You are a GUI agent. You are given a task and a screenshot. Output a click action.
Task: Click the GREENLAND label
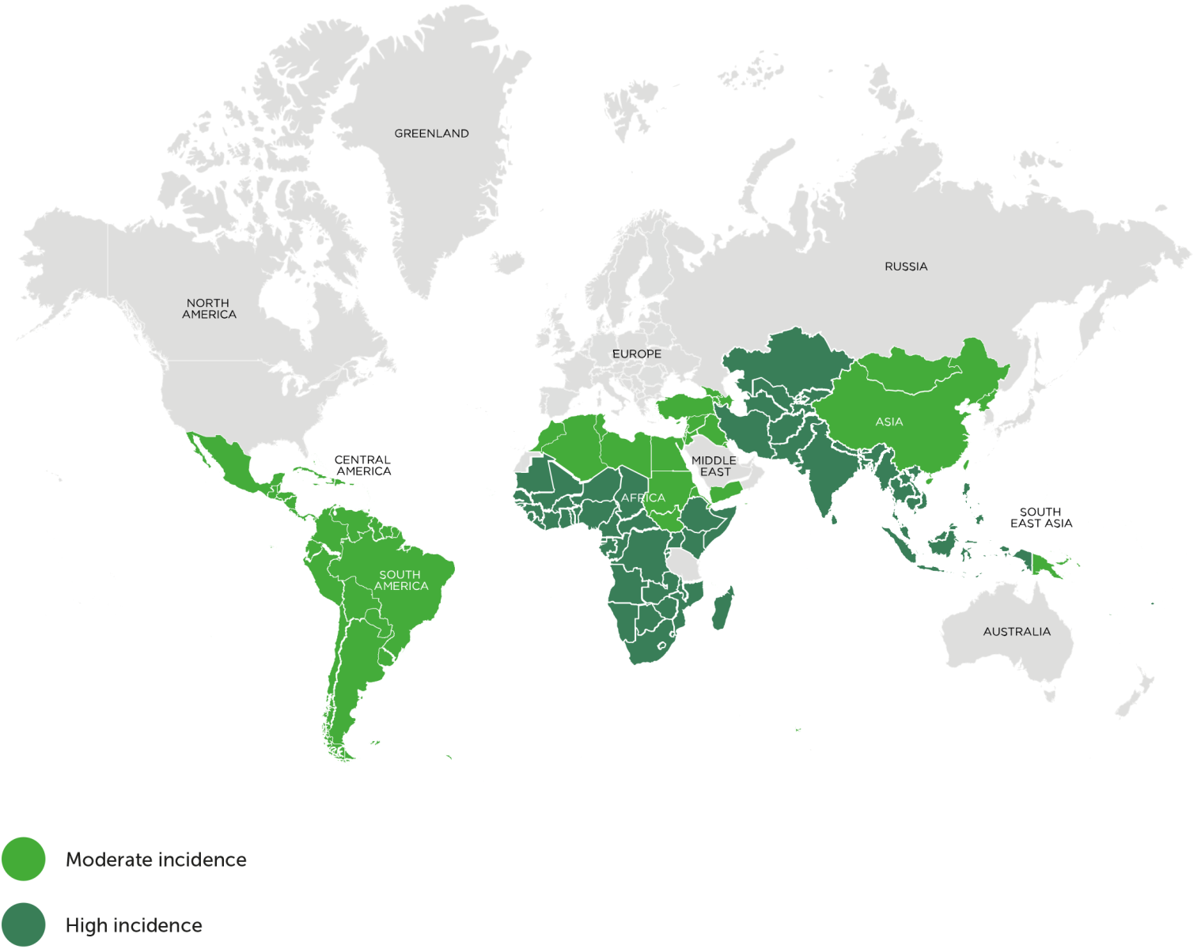coord(431,134)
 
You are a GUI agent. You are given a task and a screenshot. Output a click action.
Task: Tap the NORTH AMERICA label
coord(209,308)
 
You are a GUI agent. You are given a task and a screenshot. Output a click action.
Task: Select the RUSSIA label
coord(906,267)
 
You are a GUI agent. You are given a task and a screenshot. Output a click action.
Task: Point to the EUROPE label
coord(636,354)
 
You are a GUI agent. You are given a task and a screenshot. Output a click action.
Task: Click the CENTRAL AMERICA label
coord(363,465)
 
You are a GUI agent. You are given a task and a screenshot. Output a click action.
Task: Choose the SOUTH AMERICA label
coord(400,580)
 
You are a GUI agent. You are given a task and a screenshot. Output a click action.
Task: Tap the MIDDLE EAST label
coord(714,466)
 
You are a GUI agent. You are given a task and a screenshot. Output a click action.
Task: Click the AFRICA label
coord(643,497)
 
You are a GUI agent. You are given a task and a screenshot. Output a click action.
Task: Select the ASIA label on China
coord(888,422)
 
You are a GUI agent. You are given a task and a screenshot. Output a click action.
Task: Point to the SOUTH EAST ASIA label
coord(1040,517)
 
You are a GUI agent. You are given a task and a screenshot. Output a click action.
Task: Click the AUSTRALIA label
coord(1017,631)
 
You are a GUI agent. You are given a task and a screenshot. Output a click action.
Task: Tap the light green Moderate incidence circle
coord(24,859)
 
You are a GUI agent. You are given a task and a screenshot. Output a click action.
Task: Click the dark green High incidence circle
coord(24,924)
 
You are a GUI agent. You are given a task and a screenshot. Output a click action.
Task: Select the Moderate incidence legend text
coord(156,860)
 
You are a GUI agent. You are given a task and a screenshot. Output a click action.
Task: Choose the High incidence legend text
coord(134,925)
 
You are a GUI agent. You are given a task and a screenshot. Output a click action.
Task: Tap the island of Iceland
coord(507,261)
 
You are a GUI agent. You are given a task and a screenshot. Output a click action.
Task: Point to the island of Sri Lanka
coord(833,519)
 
